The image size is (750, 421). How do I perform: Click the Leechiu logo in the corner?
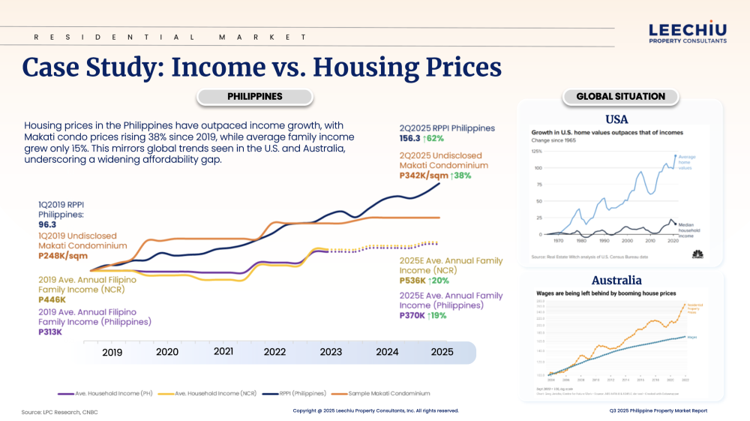tap(687, 32)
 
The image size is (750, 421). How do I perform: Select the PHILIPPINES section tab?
tap(254, 97)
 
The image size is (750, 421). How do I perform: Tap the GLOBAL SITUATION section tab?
tap(620, 97)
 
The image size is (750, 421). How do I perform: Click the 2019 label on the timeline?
tap(112, 352)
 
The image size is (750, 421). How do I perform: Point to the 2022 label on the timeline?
tap(274, 352)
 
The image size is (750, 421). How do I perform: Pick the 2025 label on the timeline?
tap(442, 352)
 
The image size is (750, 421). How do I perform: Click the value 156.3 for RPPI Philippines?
tap(411, 138)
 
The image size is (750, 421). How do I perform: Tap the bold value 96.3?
tap(49, 224)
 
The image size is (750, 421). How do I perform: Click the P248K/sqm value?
tap(62, 255)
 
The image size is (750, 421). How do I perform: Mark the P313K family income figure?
tap(50, 332)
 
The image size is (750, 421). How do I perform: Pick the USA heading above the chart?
tap(616, 119)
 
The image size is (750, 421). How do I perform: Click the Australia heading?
tap(616, 281)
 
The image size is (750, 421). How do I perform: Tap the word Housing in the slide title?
tap(364, 67)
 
